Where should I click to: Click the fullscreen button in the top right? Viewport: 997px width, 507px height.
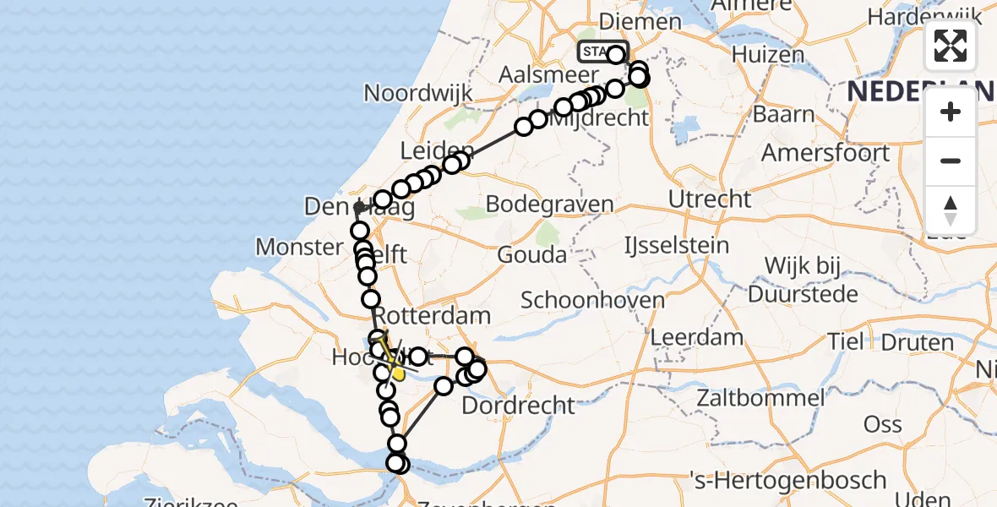[951, 46]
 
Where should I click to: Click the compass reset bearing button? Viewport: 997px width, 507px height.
[951, 210]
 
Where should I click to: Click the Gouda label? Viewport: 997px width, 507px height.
[531, 253]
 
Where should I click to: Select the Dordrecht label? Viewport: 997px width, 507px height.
[518, 405]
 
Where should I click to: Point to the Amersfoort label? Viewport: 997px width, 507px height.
[825, 153]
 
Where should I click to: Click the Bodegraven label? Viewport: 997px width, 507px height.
[550, 204]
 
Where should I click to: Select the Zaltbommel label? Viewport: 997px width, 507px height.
[760, 398]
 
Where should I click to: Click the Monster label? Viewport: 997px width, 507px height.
[298, 247]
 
